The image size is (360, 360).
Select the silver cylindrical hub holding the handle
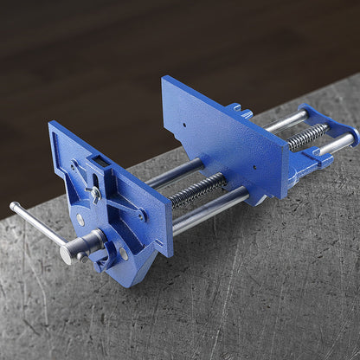click(71, 248)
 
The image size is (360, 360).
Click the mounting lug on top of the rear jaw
click(238, 112)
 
